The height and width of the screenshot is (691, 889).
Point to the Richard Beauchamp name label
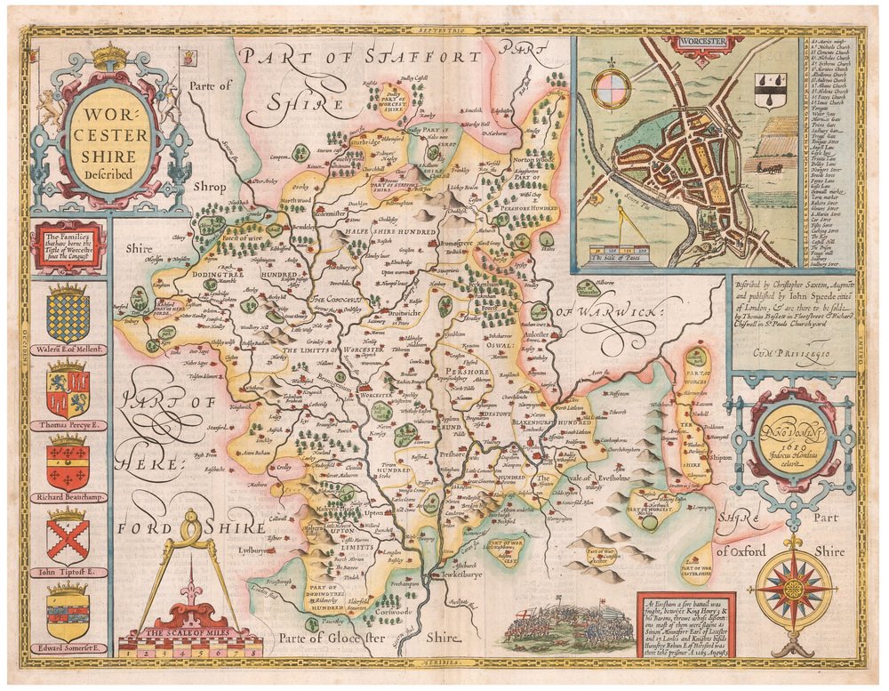[x=68, y=497]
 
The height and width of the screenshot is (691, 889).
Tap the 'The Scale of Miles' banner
[x=189, y=632]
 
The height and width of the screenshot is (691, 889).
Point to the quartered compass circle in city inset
[x=611, y=90]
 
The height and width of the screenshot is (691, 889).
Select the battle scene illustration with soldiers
[x=568, y=627]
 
